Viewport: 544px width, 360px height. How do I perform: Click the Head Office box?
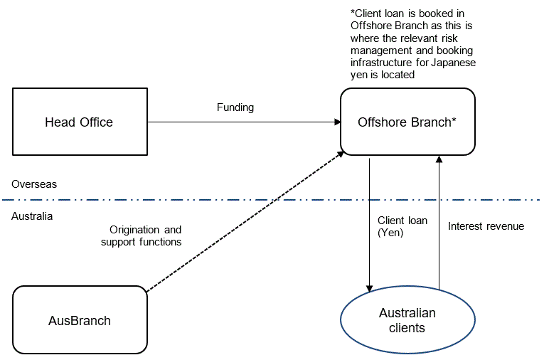point(80,122)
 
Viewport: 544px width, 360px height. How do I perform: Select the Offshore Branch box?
point(407,122)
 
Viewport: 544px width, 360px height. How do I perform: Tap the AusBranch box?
point(80,320)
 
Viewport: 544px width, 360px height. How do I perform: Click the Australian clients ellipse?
point(407,320)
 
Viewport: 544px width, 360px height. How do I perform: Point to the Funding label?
point(235,107)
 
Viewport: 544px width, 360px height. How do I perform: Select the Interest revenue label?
point(486,226)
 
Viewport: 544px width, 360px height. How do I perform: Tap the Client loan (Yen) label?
point(402,226)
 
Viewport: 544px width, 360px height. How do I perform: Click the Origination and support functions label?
point(141,236)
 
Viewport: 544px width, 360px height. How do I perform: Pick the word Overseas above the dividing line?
point(34,184)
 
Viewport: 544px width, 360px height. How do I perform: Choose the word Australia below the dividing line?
point(32,216)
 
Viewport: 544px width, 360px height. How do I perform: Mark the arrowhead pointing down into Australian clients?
point(370,287)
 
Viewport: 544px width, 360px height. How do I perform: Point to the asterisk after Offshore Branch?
point(454,120)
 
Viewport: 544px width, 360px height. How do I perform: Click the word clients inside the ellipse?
point(407,328)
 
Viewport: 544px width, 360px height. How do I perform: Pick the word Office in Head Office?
point(97,122)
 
